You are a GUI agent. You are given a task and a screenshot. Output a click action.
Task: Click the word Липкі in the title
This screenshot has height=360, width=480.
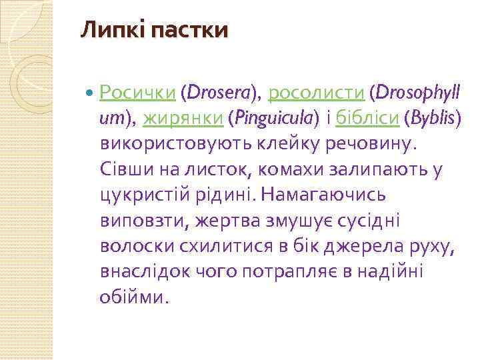106,31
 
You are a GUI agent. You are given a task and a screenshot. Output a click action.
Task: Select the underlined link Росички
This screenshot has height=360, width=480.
137,93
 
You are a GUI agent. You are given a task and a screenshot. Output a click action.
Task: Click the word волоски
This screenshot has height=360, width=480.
137,247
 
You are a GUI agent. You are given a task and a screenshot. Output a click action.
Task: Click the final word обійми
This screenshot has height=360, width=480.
131,297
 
